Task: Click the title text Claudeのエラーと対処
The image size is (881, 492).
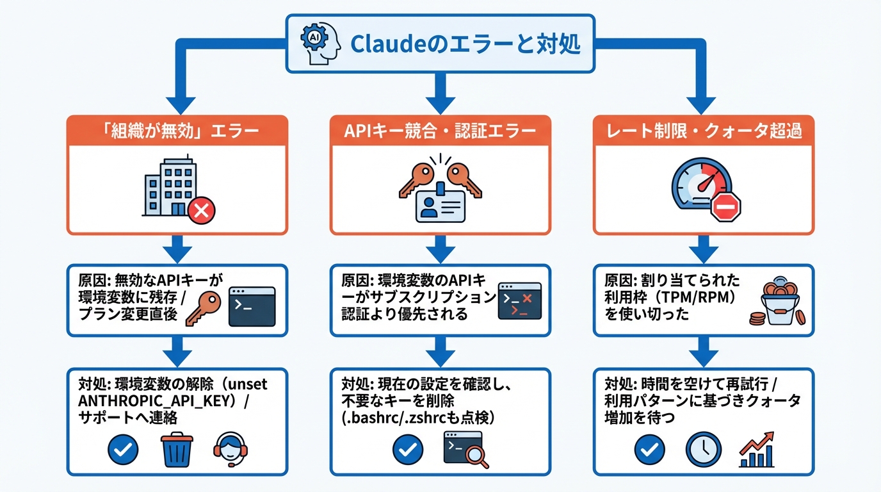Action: [x=465, y=45]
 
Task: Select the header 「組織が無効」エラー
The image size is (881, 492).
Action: [x=177, y=131]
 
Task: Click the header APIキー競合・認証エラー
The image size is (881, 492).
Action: [x=440, y=131]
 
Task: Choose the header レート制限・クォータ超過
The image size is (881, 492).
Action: [x=703, y=131]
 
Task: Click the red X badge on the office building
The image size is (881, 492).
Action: [x=201, y=210]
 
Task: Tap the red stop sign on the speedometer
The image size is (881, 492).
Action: [x=725, y=208]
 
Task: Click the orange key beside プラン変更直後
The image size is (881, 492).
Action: [x=202, y=306]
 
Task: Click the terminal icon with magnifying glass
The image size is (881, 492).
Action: [x=465, y=449]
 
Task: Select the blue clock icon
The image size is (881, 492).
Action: [x=703, y=450]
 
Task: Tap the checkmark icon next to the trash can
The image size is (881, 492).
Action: [x=123, y=450]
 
